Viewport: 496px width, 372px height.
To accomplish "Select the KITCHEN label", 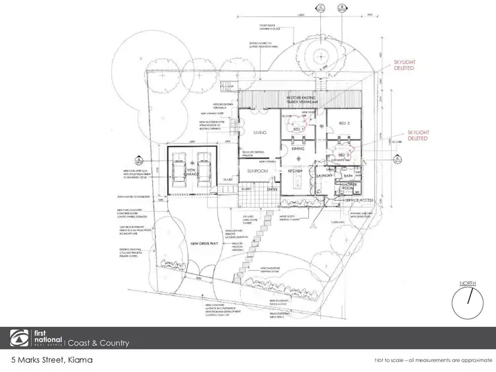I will (294, 170).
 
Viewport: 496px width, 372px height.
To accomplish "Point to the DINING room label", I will (298, 150).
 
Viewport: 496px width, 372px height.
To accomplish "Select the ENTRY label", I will (272, 190).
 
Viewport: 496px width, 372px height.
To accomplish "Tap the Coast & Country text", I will (99, 342).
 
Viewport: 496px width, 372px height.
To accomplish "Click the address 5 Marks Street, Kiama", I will (52, 360).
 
